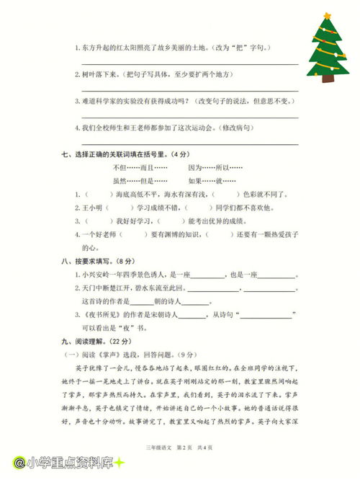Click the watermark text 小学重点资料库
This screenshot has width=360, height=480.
pyautogui.click(x=68, y=462)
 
